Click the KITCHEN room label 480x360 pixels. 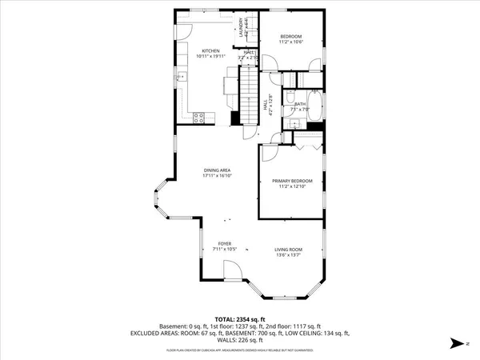(x=210, y=50)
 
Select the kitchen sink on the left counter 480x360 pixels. (x=181, y=77)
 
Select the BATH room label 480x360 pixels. (x=300, y=104)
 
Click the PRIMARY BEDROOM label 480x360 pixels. (x=291, y=182)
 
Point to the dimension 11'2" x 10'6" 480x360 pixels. (x=291, y=42)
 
